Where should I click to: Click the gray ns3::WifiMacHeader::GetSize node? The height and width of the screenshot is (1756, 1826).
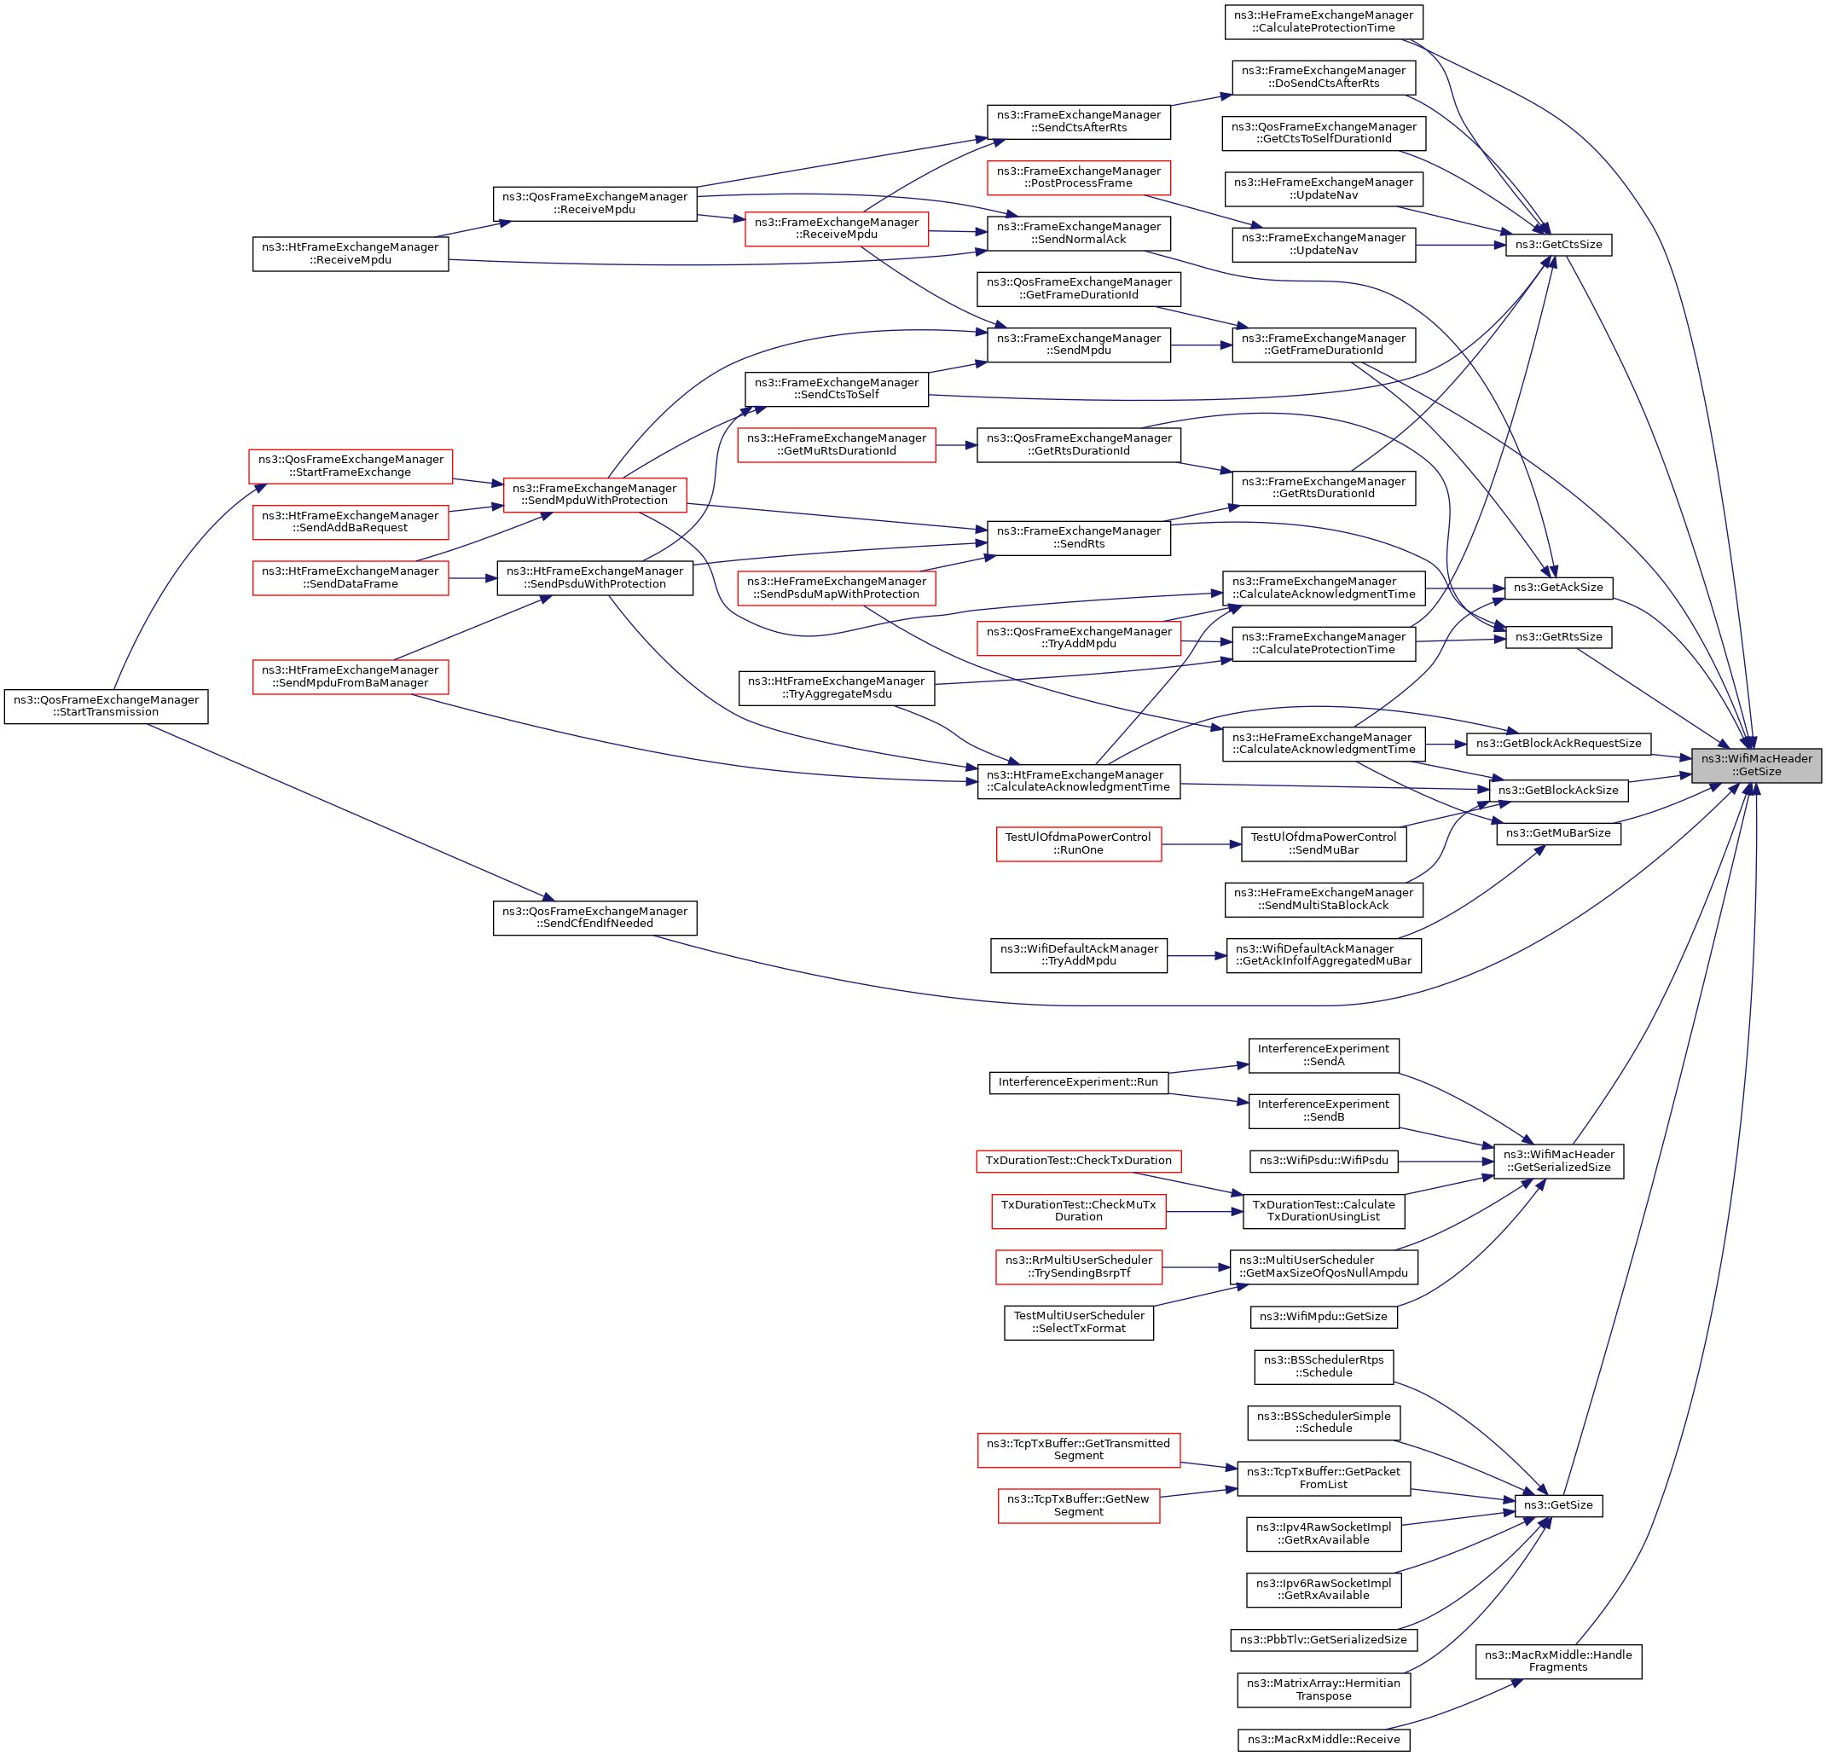[1755, 765]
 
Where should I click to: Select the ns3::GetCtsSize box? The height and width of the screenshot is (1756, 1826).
[1557, 245]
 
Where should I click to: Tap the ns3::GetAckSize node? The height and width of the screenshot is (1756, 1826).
[1557, 588]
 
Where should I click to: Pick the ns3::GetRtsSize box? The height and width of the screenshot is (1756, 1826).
[1557, 637]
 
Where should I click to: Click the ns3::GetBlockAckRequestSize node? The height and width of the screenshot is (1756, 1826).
[1557, 744]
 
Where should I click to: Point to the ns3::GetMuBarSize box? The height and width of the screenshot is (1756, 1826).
[1557, 833]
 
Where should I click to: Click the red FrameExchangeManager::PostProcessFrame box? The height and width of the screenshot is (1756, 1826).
[1078, 177]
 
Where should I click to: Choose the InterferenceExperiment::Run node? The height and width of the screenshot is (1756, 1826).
[1078, 1081]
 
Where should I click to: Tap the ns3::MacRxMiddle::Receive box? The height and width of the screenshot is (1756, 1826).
[1323, 1739]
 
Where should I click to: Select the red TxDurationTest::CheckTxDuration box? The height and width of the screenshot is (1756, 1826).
[1078, 1161]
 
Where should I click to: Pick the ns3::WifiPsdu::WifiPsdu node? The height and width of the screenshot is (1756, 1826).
[1323, 1161]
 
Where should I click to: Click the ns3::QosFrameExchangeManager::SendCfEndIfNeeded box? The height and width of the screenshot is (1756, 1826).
[594, 918]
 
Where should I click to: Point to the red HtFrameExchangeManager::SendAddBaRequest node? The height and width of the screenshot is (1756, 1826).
[351, 522]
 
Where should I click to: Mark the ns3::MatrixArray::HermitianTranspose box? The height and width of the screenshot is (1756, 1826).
[1323, 1689]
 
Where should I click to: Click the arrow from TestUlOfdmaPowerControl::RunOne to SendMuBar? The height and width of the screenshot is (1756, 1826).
[1201, 844]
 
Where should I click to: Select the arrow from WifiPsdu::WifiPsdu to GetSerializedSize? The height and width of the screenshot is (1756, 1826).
[1445, 1162]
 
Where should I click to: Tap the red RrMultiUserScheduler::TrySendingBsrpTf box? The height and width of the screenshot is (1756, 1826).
[1078, 1267]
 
